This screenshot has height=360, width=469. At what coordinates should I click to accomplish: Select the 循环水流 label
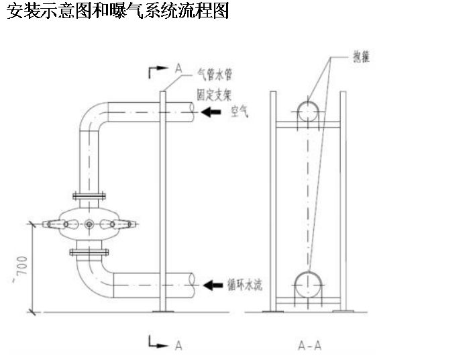246,285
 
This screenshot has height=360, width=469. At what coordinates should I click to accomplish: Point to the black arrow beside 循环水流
213,285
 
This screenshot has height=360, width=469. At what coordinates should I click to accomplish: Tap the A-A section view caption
309,346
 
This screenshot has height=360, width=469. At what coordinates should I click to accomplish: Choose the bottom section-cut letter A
178,345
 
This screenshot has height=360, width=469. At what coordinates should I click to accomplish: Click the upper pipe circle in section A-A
309,110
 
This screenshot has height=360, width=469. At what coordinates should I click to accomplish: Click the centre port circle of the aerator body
89,224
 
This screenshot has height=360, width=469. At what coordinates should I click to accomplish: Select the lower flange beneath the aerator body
89,253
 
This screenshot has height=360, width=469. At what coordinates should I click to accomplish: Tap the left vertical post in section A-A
273,201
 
